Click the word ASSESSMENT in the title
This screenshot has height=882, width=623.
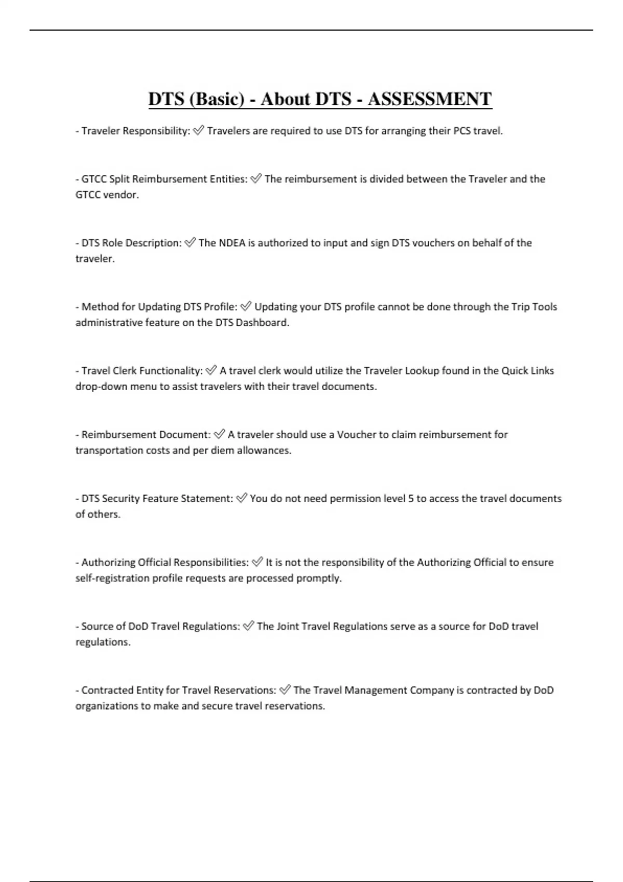429,99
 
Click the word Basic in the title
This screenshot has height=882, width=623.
217,99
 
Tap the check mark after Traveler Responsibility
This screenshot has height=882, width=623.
198,131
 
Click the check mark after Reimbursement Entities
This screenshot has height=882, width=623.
255,179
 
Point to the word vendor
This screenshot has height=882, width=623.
123,195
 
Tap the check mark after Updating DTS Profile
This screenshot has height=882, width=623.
246,307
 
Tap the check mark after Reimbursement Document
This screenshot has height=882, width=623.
219,434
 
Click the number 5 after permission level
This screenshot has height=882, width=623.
411,499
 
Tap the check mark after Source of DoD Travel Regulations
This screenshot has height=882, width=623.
248,626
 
